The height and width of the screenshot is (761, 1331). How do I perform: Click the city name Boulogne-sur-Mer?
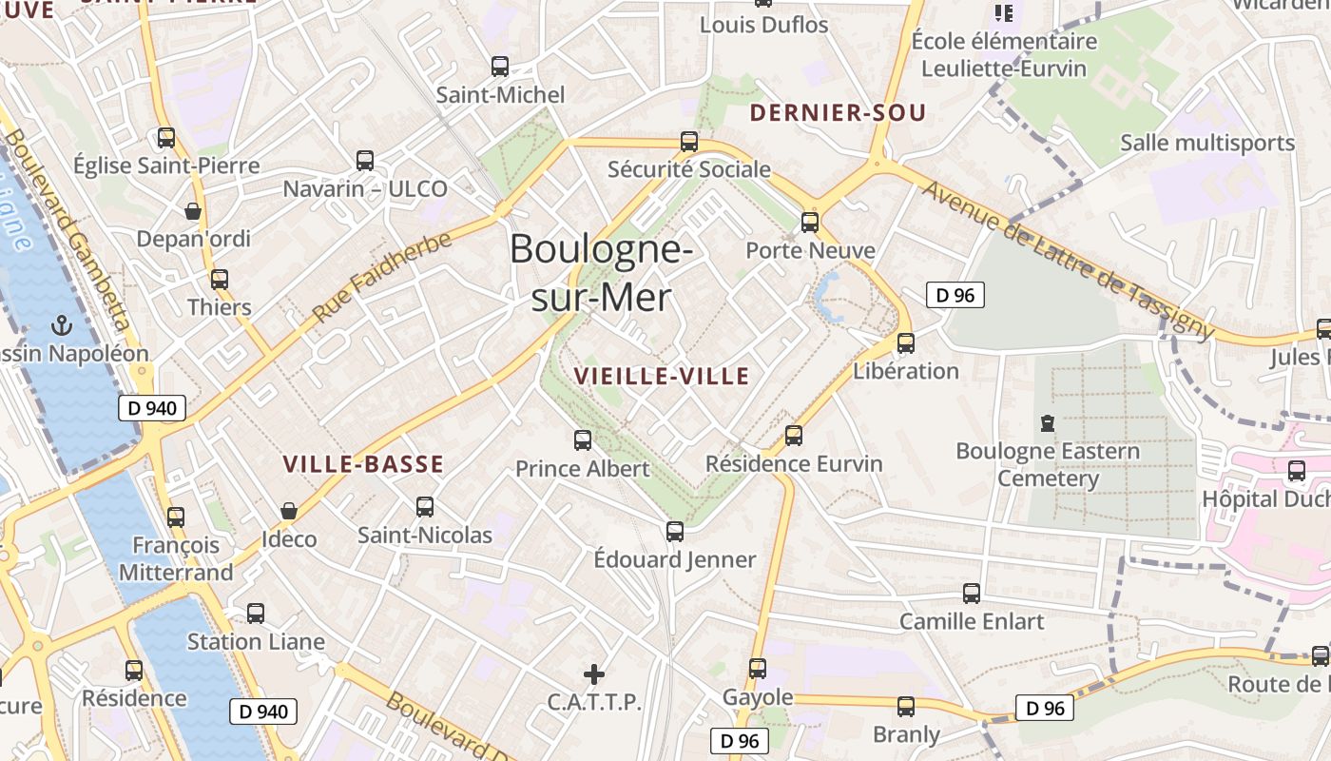click(601, 273)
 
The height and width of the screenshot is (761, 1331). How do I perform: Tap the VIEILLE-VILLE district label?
click(662, 377)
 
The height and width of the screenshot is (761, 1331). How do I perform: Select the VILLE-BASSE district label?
click(363, 464)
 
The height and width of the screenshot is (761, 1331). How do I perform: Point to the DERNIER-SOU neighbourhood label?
click(838, 113)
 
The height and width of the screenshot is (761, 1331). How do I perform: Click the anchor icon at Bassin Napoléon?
click(62, 326)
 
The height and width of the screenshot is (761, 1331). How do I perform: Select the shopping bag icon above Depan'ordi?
click(193, 211)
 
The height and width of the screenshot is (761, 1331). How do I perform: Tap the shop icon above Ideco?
click(289, 512)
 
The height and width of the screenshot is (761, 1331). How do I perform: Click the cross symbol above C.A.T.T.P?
click(594, 675)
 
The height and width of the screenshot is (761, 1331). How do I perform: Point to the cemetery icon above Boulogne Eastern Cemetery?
click(1048, 422)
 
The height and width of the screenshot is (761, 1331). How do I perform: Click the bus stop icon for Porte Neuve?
click(810, 223)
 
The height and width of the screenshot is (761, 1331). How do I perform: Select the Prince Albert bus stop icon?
click(583, 440)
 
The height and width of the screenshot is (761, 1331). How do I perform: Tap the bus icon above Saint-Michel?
click(500, 67)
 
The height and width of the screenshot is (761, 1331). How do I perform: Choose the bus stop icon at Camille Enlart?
click(972, 594)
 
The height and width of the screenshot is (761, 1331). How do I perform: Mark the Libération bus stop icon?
click(906, 343)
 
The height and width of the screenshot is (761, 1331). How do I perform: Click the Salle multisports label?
click(1207, 143)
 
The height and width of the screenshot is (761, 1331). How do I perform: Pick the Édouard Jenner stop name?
click(675, 559)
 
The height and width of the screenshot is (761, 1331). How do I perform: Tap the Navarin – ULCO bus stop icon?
click(365, 160)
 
